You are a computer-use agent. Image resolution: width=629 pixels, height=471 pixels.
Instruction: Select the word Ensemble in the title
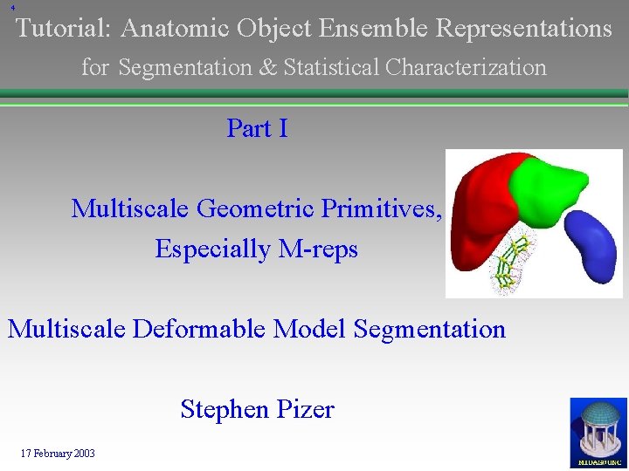(374, 29)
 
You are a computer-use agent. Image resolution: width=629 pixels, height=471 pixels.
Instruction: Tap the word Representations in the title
(523, 29)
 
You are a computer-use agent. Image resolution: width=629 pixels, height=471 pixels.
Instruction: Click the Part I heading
(257, 128)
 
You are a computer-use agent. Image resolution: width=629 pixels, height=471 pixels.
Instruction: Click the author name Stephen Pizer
(257, 409)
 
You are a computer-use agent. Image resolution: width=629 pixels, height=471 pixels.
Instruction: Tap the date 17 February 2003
(59, 454)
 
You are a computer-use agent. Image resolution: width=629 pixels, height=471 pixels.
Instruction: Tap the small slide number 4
(13, 8)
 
